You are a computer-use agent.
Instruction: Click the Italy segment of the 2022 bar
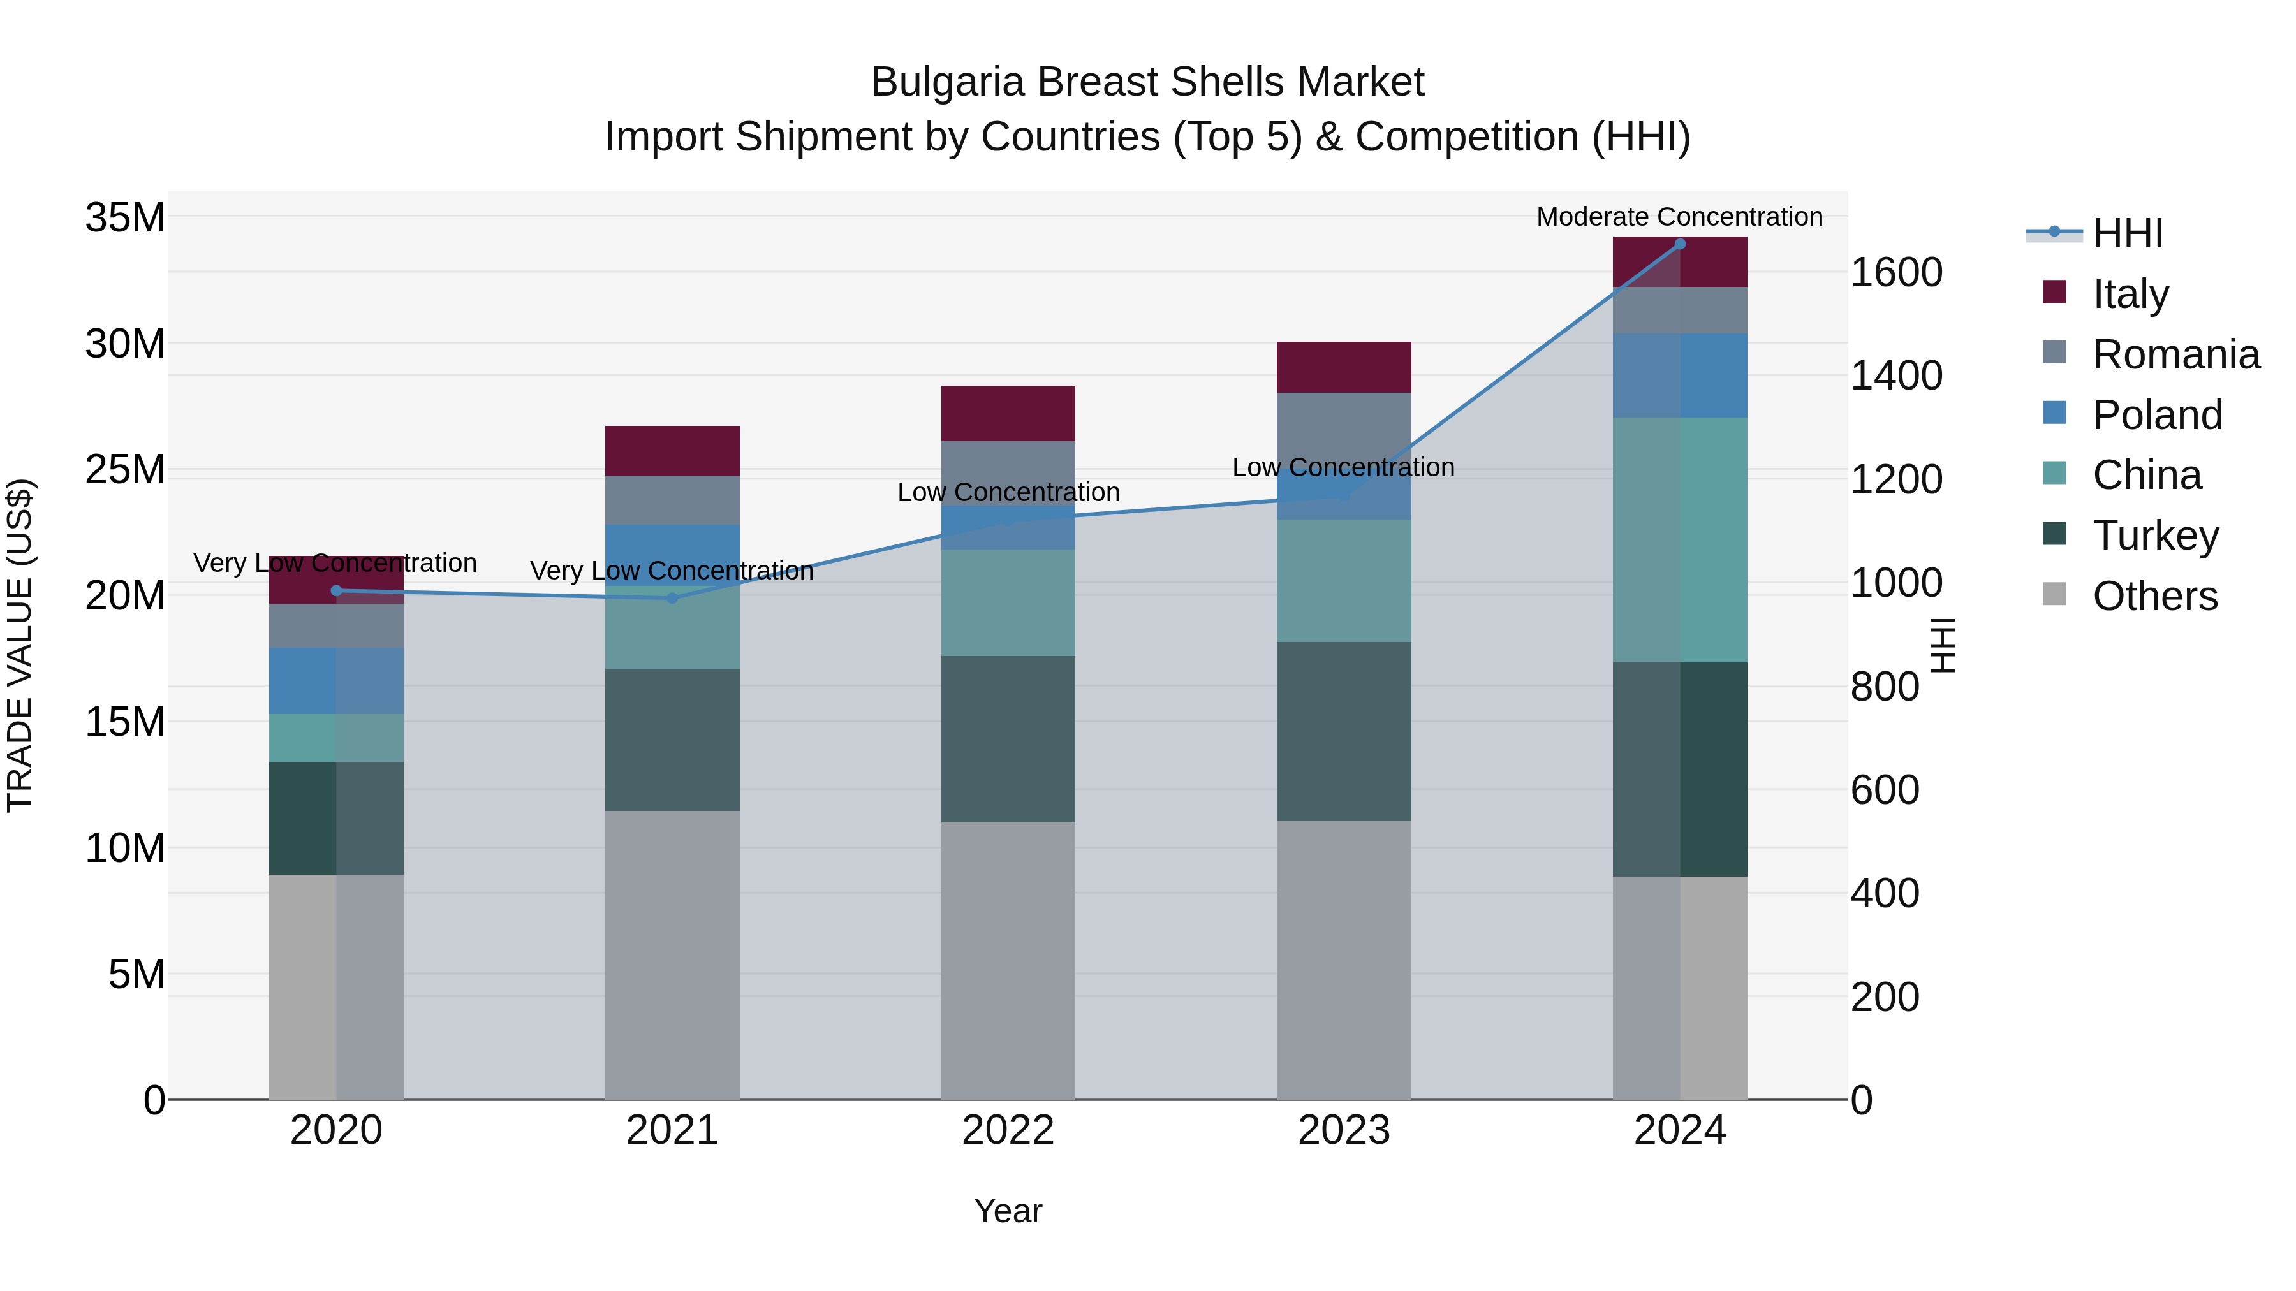[x=1008, y=413]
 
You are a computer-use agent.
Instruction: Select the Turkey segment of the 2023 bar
[x=1343, y=731]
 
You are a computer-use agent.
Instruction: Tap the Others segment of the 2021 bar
[x=672, y=954]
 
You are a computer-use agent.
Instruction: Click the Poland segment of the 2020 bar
[x=336, y=681]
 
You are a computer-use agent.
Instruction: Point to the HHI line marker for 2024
[x=1680, y=244]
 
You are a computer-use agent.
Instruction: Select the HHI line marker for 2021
[x=672, y=598]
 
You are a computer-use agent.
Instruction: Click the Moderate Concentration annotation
[x=1679, y=217]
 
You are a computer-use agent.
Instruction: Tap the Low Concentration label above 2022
[x=1008, y=492]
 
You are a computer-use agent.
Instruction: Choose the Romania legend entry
[x=2175, y=354]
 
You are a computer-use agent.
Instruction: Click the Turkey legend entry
[x=2155, y=536]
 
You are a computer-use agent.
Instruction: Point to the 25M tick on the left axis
[x=125, y=469]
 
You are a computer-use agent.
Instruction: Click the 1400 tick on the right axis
[x=1896, y=375]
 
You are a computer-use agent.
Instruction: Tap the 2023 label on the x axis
[x=1343, y=1130]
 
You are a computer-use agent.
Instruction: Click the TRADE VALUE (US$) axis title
[x=20, y=645]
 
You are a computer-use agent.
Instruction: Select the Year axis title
[x=1008, y=1211]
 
